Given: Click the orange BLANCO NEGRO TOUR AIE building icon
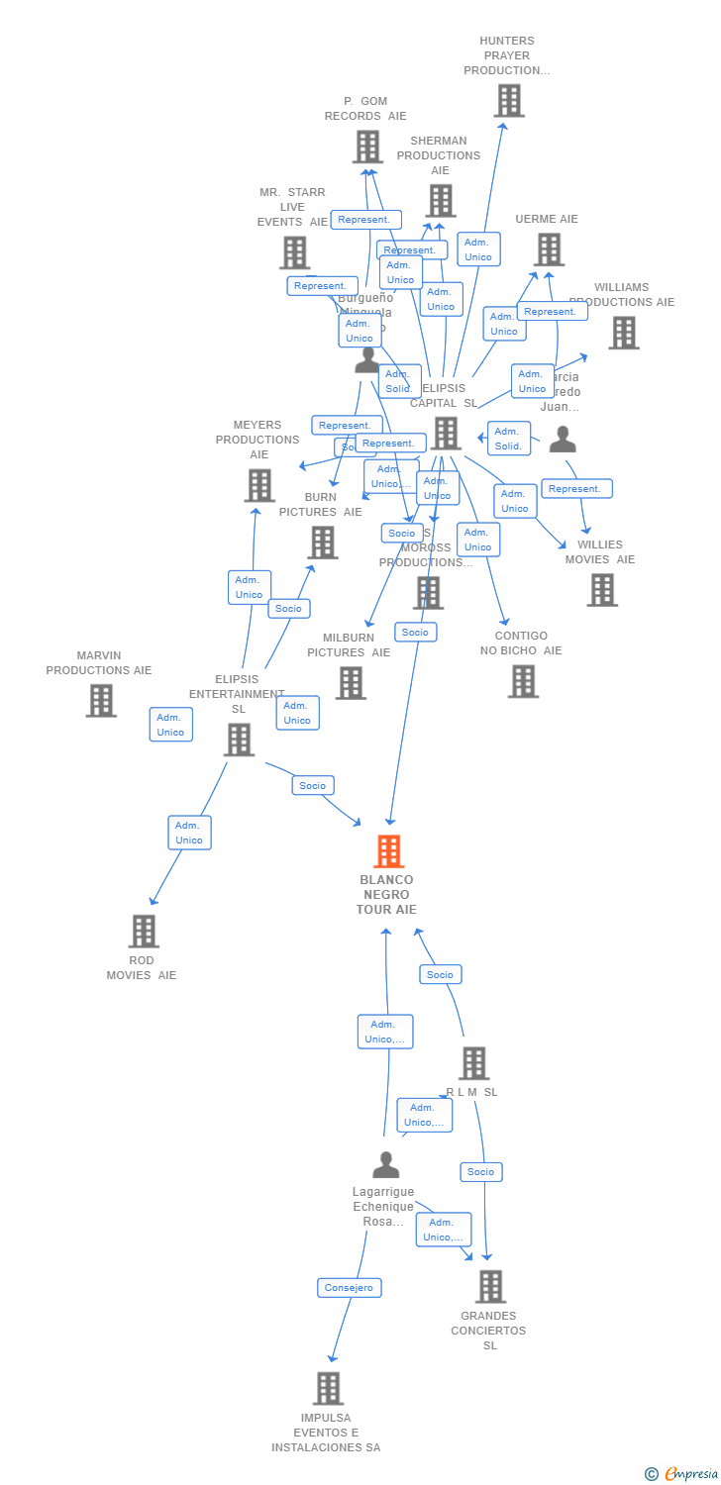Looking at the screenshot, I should pyautogui.click(x=388, y=851).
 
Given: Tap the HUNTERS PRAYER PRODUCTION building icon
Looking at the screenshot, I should pyautogui.click(x=508, y=101).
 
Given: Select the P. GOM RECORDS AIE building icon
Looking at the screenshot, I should pyautogui.click(x=367, y=147).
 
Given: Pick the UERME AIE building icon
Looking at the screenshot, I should pyautogui.click(x=549, y=249).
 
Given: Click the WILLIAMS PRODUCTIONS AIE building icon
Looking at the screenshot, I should pyautogui.click(x=623, y=333).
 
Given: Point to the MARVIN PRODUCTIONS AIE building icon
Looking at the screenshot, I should pyautogui.click(x=100, y=700).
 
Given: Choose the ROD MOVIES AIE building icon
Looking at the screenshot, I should pyautogui.click(x=144, y=931).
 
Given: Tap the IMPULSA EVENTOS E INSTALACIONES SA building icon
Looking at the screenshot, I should pyautogui.click(x=328, y=1388).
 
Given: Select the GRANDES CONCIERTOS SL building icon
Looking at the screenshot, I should pyautogui.click(x=489, y=1286).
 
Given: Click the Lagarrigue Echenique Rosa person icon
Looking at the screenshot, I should pyautogui.click(x=385, y=1164).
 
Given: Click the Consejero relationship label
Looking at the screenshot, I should pyautogui.click(x=350, y=1287).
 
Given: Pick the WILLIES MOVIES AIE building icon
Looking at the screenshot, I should pyautogui.click(x=601, y=590).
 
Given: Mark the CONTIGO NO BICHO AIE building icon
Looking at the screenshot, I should pyautogui.click(x=523, y=681).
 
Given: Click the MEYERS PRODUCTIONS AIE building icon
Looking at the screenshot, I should pyautogui.click(x=259, y=485).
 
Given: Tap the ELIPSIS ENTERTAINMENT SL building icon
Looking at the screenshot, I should pyautogui.click(x=238, y=740).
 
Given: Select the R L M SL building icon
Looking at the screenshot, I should pyautogui.click(x=473, y=1063).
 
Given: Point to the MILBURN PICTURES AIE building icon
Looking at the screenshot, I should pyautogui.click(x=350, y=683).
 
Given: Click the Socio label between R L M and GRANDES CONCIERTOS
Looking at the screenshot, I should pyautogui.click(x=481, y=1171).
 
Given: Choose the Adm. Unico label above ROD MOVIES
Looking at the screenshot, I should pyautogui.click(x=189, y=833).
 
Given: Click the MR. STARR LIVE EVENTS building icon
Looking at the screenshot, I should pyautogui.click(x=294, y=252).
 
